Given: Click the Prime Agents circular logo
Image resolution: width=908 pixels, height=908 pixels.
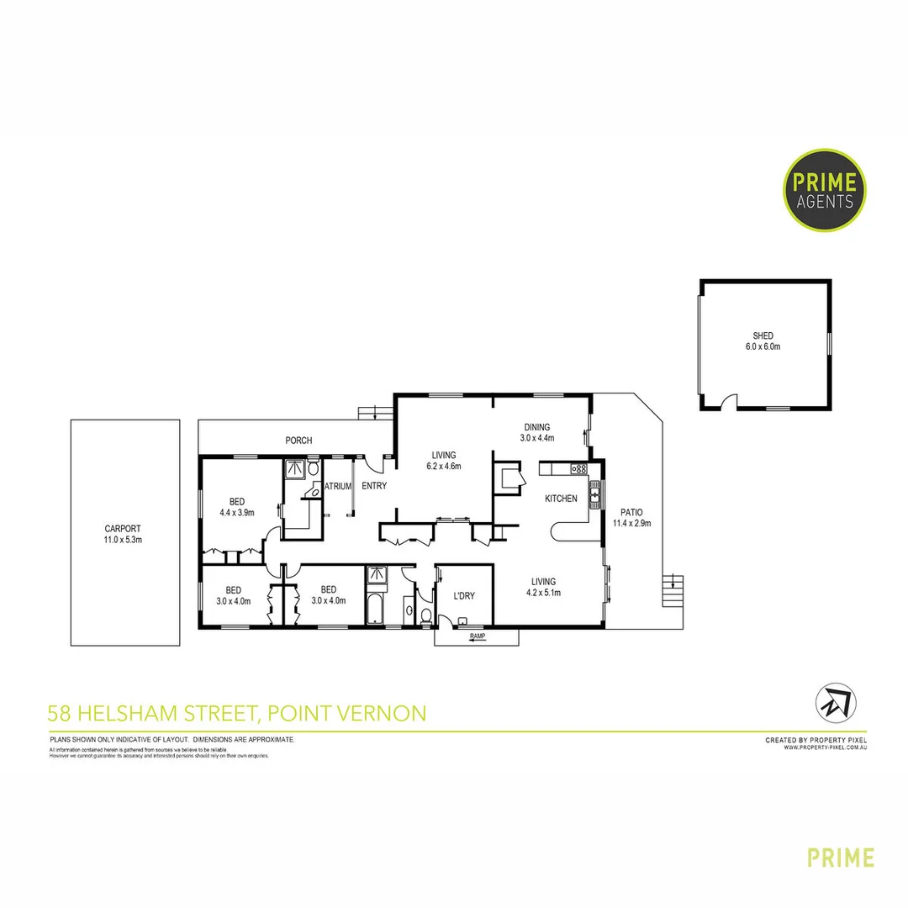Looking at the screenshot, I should [824, 190].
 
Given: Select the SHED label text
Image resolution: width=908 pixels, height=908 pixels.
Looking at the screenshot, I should [763, 335].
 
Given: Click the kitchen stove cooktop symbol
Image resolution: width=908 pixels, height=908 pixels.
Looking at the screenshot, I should [578, 468].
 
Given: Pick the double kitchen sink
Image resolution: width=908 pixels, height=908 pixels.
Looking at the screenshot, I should [594, 494].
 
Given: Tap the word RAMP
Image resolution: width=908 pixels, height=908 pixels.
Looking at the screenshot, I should [478, 636].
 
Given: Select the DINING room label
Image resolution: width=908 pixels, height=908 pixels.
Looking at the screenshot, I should [536, 427].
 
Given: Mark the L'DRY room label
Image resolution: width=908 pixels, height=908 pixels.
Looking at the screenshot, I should [464, 596].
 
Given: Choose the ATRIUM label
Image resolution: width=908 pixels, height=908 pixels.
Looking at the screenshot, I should [337, 486].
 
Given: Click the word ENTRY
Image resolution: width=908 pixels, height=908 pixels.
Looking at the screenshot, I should [374, 486].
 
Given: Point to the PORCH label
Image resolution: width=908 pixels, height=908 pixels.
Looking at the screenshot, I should [298, 441].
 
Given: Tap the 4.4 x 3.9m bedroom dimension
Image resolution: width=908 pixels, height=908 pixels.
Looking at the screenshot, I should [237, 512].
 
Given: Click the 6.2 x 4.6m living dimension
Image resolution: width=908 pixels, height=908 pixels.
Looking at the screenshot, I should [444, 466].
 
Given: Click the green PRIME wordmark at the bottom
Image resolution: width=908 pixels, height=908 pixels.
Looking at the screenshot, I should [841, 858].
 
